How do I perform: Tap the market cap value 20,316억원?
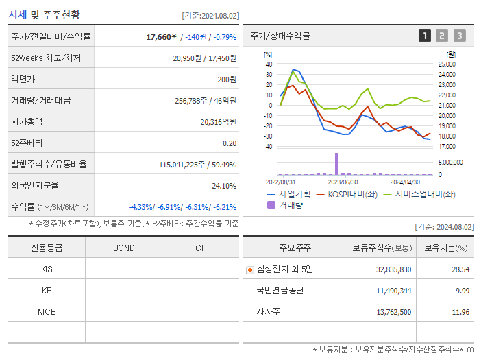coord(219,122)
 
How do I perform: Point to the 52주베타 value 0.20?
coord(230,143)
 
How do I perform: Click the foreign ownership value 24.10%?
coord(223,186)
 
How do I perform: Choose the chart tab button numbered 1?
coord(425,36)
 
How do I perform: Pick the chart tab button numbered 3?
coord(459,36)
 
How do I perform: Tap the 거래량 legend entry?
coord(290,204)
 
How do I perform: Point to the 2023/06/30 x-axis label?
coord(343,182)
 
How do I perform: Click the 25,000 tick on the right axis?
coord(447,64)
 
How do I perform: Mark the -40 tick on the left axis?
coord(269,146)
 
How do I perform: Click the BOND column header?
coord(123,248)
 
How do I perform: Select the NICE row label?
coord(47,311)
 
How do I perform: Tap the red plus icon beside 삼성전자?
coord(250,270)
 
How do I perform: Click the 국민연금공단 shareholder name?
coord(280,291)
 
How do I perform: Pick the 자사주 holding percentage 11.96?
coord(460,312)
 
